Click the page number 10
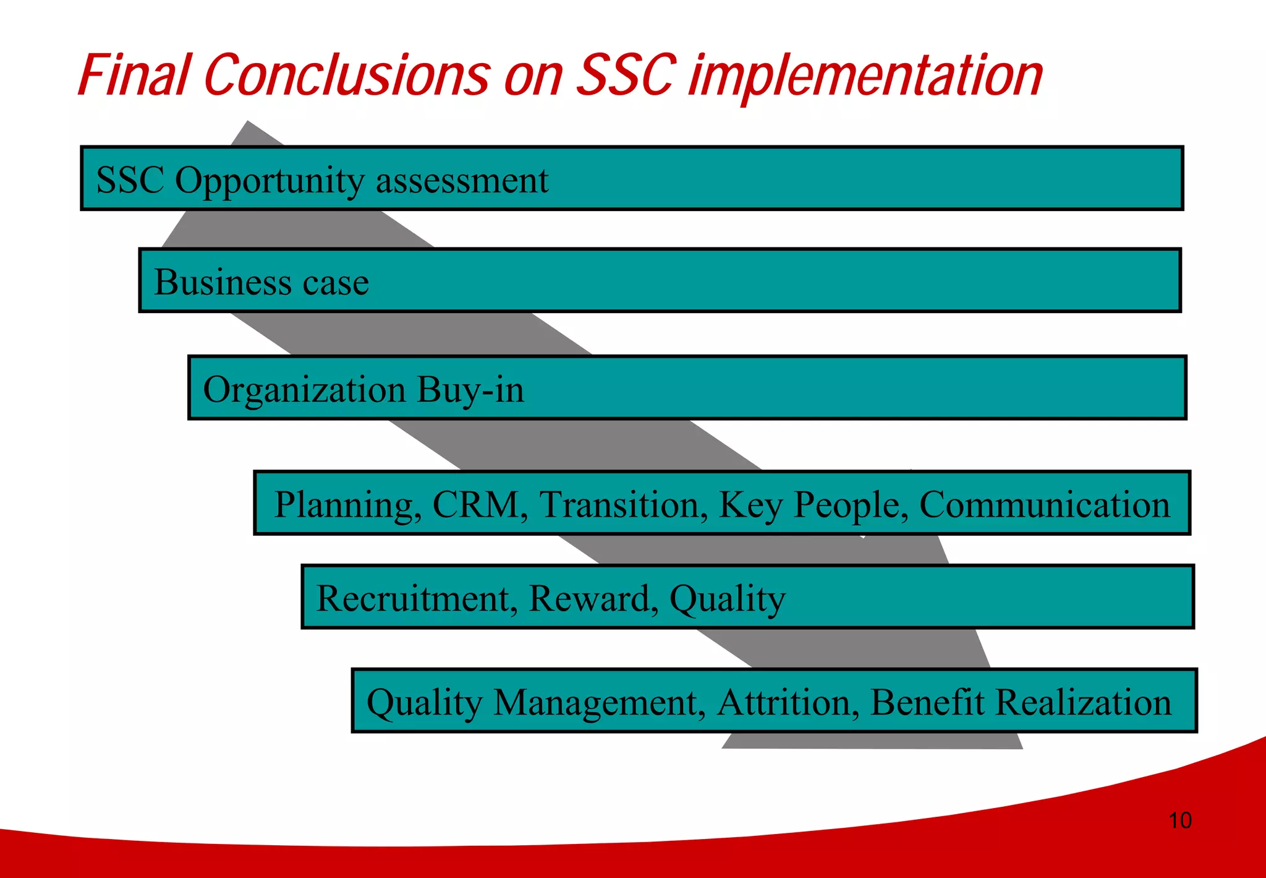coord(1179,820)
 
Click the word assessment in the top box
coord(462,181)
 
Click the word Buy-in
coord(470,390)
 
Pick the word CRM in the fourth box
coord(480,504)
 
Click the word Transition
coord(623,504)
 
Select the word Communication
coord(1044,504)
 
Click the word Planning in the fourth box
coord(348,504)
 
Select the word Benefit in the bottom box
coord(927,702)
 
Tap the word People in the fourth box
coord(851,504)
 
